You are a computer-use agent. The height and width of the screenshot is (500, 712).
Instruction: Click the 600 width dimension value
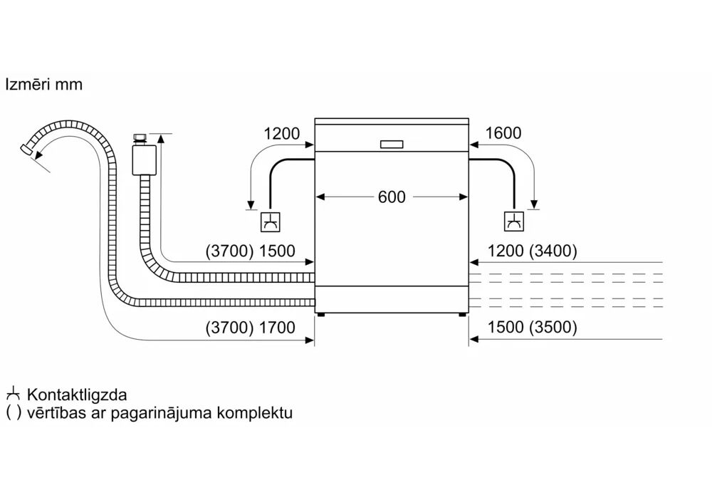pyautogui.click(x=391, y=197)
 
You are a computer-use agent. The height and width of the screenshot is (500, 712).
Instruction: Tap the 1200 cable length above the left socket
pyautogui.click(x=282, y=133)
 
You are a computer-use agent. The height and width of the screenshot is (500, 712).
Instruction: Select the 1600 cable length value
pyautogui.click(x=503, y=133)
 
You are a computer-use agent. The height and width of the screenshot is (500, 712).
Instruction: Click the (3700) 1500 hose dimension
pyautogui.click(x=250, y=251)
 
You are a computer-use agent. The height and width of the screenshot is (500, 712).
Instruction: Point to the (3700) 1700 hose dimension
pyautogui.click(x=250, y=328)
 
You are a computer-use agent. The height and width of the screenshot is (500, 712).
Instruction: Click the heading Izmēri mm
pyautogui.click(x=43, y=85)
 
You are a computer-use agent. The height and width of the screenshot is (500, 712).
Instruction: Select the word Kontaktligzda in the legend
pyautogui.click(x=78, y=395)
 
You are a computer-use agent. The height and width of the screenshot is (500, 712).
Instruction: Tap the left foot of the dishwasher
pyautogui.click(x=323, y=313)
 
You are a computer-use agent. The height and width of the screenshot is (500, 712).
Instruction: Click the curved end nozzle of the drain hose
pyautogui.click(x=28, y=147)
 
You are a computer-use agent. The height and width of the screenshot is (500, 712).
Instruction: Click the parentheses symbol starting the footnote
pyautogui.click(x=13, y=412)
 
